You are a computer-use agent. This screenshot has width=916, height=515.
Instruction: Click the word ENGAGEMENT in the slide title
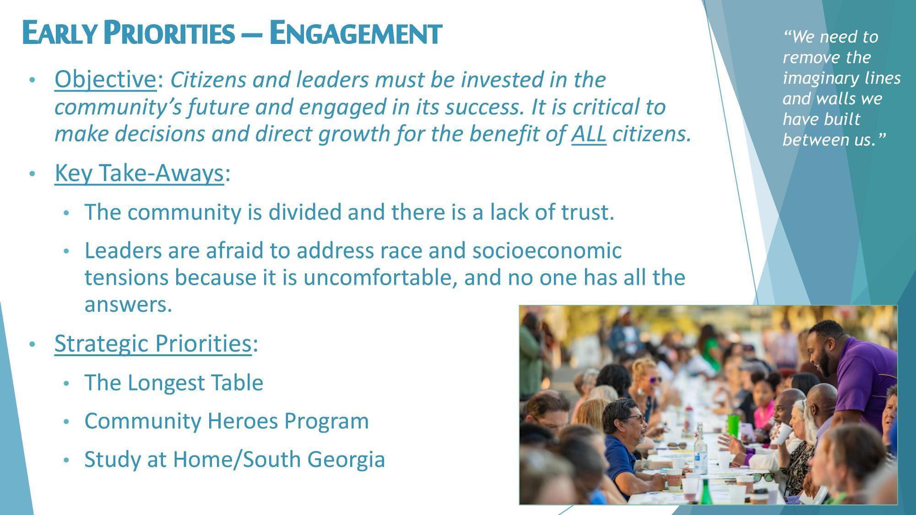pyautogui.click(x=355, y=33)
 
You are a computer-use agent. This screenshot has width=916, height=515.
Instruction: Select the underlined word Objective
pyautogui.click(x=105, y=79)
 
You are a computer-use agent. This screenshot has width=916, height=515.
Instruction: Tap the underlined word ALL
pyautogui.click(x=589, y=134)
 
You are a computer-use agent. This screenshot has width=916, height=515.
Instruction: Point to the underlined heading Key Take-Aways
pyautogui.click(x=139, y=173)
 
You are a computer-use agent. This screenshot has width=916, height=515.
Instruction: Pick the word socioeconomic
pyautogui.click(x=547, y=251)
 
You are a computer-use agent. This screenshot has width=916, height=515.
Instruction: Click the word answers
pyautogui.click(x=128, y=304)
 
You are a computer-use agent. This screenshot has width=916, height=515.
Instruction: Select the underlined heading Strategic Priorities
pyautogui.click(x=152, y=343)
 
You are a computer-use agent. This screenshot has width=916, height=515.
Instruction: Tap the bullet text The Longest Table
pyautogui.click(x=173, y=383)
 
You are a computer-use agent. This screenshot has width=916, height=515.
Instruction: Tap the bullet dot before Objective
pyautogui.click(x=32, y=80)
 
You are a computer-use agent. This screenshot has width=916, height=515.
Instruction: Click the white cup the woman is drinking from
pyautogui.click(x=783, y=433)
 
